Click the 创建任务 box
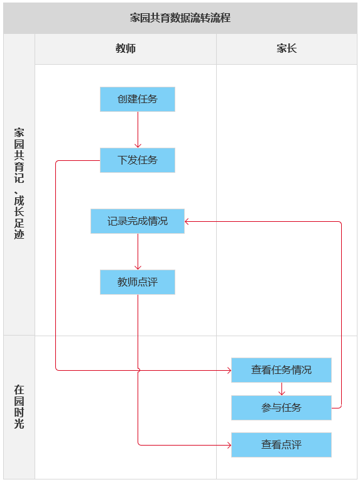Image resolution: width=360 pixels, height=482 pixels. click(138, 99)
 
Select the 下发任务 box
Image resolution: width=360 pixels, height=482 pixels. click(138, 160)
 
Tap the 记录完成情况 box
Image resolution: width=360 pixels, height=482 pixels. click(138, 221)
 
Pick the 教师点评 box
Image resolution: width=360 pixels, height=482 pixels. click(138, 282)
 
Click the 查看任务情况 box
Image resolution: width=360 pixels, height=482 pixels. click(281, 370)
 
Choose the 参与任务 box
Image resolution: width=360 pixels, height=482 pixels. click(281, 408)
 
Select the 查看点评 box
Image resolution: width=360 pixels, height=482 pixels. click(281, 445)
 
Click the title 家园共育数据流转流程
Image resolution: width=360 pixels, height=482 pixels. click(180, 18)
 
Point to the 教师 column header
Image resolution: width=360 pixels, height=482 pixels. click(126, 48)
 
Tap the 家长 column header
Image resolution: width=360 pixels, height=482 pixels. click(286, 48)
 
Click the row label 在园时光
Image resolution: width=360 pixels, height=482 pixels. click(19, 407)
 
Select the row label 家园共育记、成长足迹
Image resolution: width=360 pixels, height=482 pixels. click(19, 183)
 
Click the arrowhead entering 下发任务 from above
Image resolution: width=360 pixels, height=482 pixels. click(138, 145)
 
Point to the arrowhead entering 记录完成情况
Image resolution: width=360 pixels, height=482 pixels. click(187, 221)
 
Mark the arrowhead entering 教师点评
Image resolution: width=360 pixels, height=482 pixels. click(138, 267)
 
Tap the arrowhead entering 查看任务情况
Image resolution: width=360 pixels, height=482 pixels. click(229, 370)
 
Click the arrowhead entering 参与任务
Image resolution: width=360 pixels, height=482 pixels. click(281, 393)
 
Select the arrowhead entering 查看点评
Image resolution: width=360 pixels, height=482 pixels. click(229, 445)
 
